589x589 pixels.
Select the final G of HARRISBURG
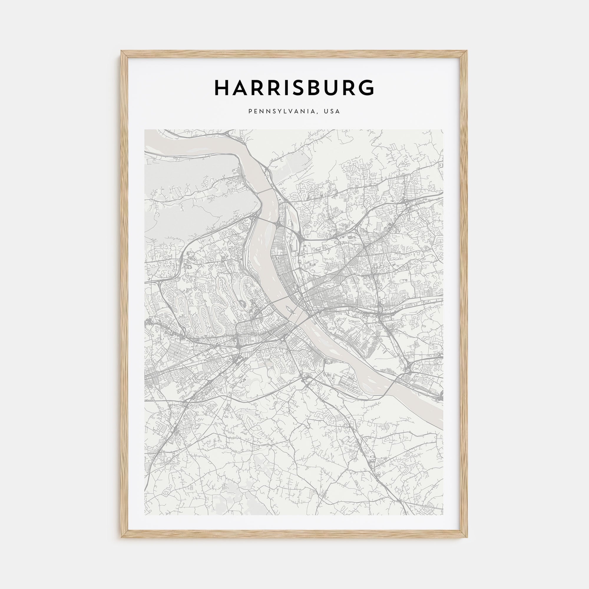(x=366, y=88)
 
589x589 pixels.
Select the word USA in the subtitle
(x=332, y=112)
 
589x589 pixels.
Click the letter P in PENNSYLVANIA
(x=250, y=112)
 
